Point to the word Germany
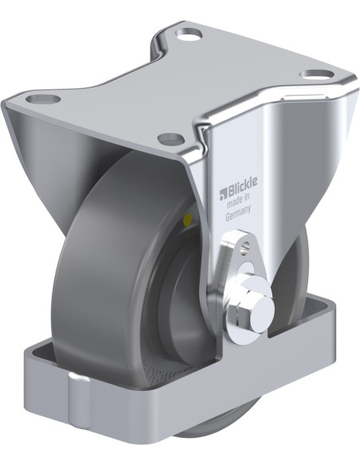coord(238,212)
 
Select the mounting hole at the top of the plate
coord(190,35)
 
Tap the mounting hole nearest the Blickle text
coord(169,137)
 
